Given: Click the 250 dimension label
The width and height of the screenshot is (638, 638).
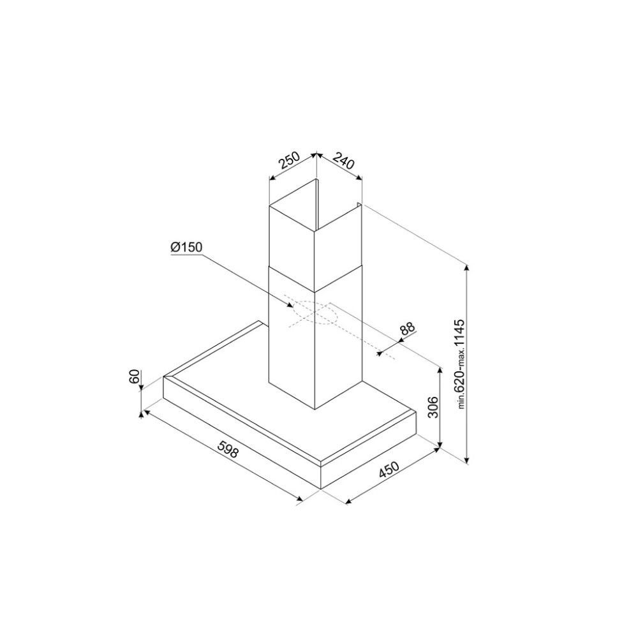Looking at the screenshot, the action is [x=289, y=160].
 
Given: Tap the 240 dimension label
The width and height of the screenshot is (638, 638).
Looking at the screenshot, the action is [x=345, y=160].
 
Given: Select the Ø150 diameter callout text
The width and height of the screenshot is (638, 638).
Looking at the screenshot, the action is [x=186, y=247].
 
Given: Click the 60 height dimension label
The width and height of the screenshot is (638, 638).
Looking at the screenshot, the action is [x=135, y=376].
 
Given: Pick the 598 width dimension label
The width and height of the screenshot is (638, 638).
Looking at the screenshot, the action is [x=227, y=449].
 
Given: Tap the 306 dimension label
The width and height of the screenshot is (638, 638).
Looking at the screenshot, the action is [x=433, y=407].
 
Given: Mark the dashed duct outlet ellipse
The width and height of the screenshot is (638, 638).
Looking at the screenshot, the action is [x=314, y=313].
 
